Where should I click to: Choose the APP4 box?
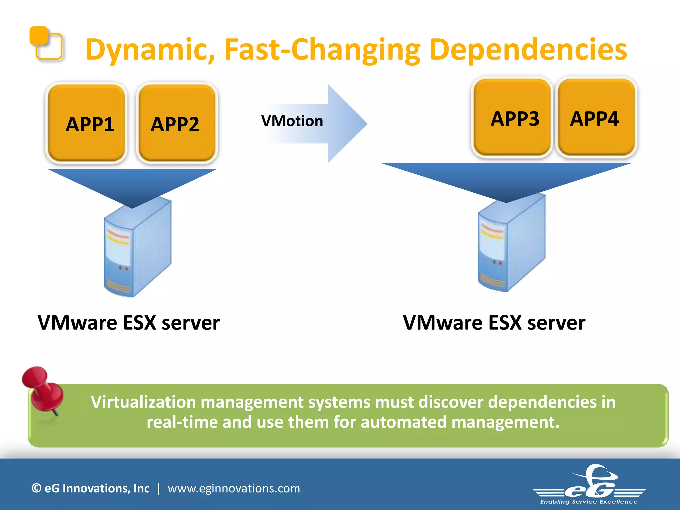point(596,118)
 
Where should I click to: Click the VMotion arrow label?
point(292,121)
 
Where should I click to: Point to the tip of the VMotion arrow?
point(366,124)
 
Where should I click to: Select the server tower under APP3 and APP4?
point(511,244)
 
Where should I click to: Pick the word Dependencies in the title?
point(528,50)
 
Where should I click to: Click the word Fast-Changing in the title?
point(322,50)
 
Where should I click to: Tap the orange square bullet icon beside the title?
point(46,43)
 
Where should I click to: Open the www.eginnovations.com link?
point(234,488)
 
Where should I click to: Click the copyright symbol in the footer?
point(36,488)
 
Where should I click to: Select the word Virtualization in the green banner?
point(143,402)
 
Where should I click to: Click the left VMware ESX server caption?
point(129,323)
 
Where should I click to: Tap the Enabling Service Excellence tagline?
point(589,502)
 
